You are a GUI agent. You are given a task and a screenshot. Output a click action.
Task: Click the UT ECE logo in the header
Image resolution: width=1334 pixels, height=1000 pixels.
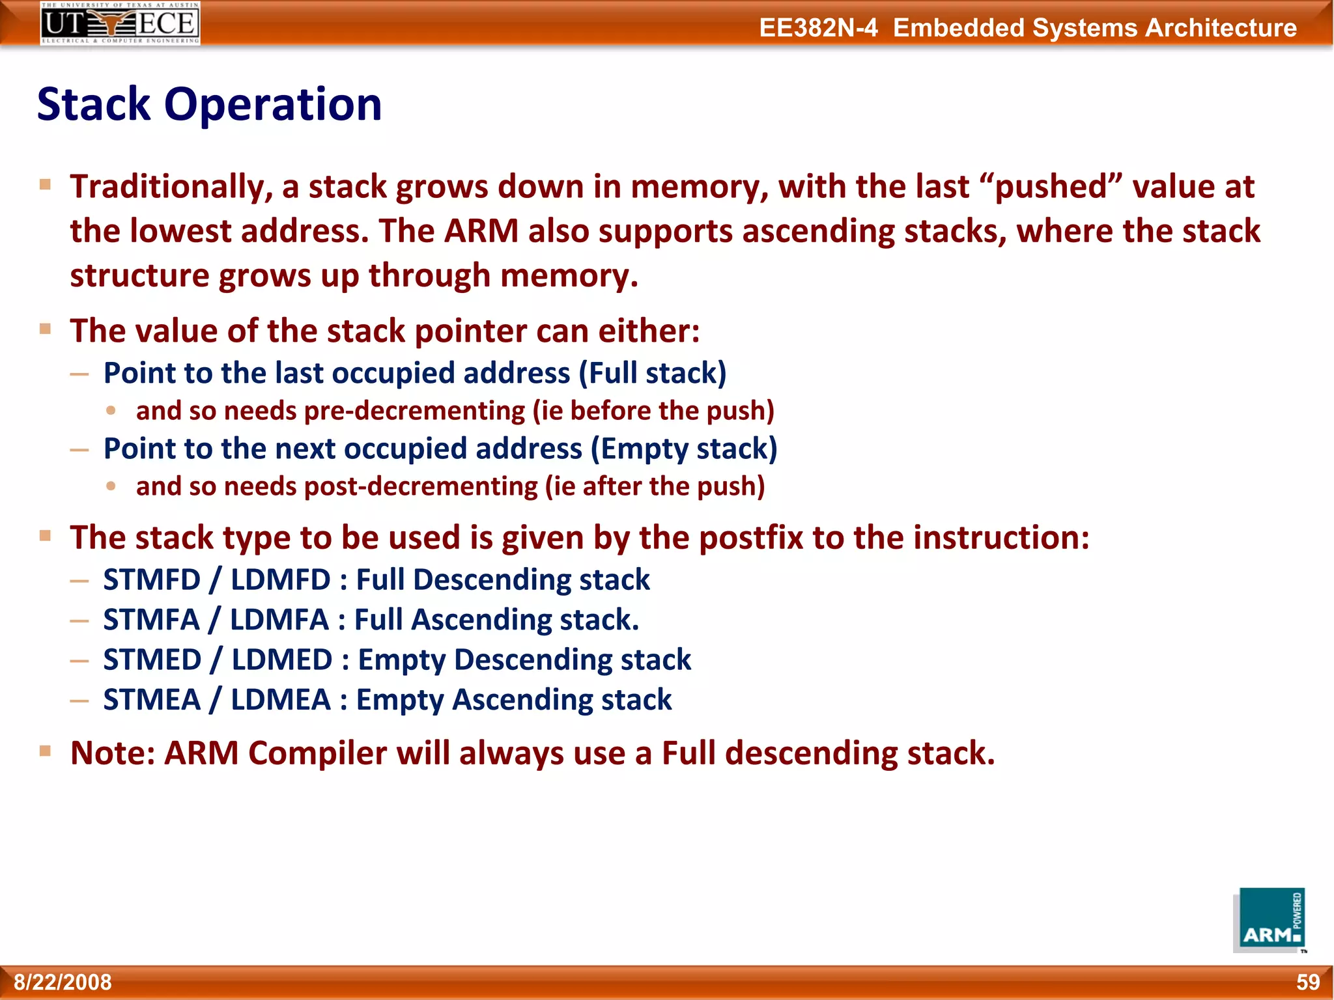(120, 23)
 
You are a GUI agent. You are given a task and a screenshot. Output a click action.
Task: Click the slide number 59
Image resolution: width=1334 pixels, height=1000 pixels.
(1307, 982)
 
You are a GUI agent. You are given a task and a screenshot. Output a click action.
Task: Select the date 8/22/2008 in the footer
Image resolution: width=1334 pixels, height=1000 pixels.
(63, 982)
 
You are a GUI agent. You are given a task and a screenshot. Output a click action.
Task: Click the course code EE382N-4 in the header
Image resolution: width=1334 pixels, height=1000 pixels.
(818, 28)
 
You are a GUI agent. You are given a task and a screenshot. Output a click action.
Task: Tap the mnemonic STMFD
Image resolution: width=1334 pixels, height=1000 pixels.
(152, 580)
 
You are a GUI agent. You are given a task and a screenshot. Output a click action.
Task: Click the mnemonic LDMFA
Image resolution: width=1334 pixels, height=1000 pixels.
(279, 620)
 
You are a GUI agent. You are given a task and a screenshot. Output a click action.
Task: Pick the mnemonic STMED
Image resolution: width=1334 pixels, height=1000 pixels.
(152, 660)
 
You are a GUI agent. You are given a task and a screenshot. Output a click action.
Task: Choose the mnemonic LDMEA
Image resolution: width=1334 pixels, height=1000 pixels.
(281, 700)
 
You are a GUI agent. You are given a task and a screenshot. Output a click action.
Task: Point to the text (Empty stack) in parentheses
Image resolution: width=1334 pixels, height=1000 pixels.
(684, 449)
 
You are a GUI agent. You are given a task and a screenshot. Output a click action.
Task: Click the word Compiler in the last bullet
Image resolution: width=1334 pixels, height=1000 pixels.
(317, 753)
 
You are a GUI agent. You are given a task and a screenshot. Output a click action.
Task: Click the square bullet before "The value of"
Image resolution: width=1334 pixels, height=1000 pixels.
(45, 329)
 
